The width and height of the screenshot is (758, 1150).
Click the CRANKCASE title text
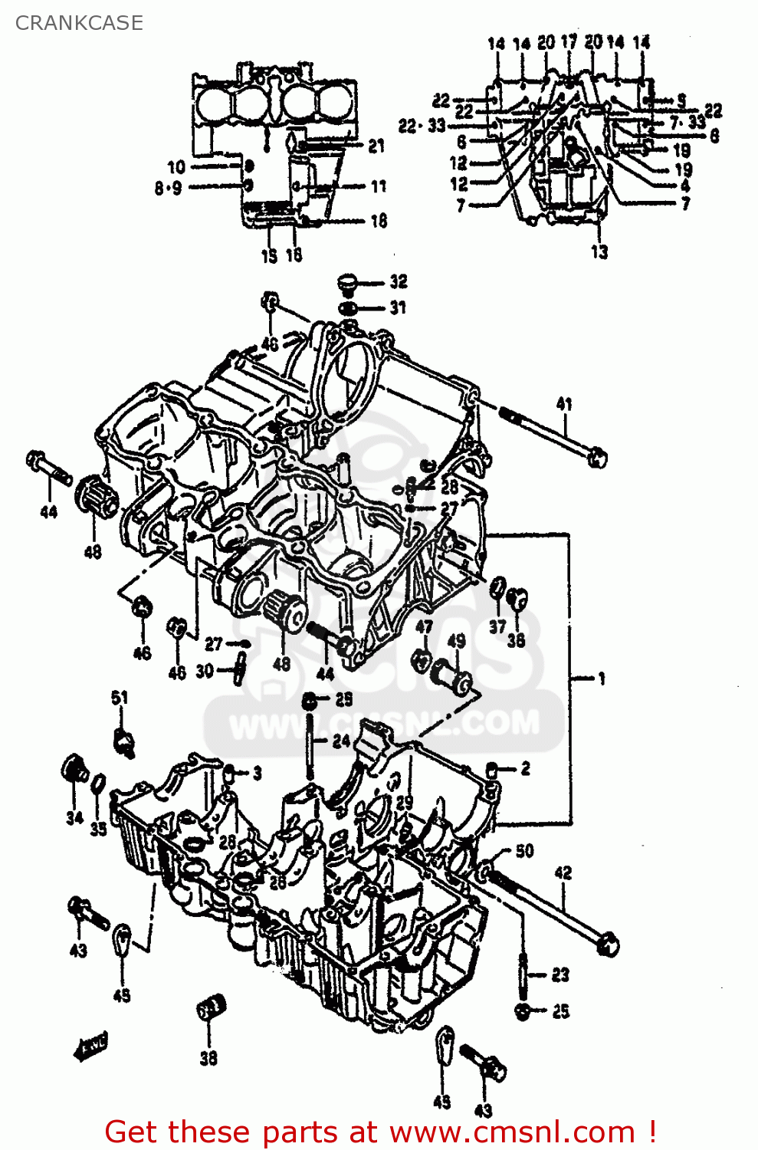click(x=79, y=23)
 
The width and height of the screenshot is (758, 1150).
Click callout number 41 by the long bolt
click(x=564, y=404)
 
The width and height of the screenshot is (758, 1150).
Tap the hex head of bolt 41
click(x=598, y=458)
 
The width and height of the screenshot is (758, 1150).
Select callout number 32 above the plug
click(x=399, y=281)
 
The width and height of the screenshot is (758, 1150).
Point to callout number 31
click(x=398, y=307)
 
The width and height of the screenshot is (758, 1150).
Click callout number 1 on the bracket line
click(x=602, y=678)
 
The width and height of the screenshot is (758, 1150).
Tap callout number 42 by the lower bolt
click(x=563, y=872)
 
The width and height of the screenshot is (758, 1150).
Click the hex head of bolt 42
click(x=608, y=944)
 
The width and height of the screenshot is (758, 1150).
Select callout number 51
click(x=120, y=698)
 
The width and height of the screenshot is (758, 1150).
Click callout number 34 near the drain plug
click(x=74, y=818)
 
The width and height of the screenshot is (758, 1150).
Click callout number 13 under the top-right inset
click(x=599, y=251)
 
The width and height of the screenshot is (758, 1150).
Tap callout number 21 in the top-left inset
click(x=376, y=146)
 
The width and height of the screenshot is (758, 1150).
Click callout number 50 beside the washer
click(x=524, y=850)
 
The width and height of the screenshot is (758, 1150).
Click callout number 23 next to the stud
click(x=560, y=974)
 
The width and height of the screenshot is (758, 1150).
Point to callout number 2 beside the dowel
click(x=525, y=768)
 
